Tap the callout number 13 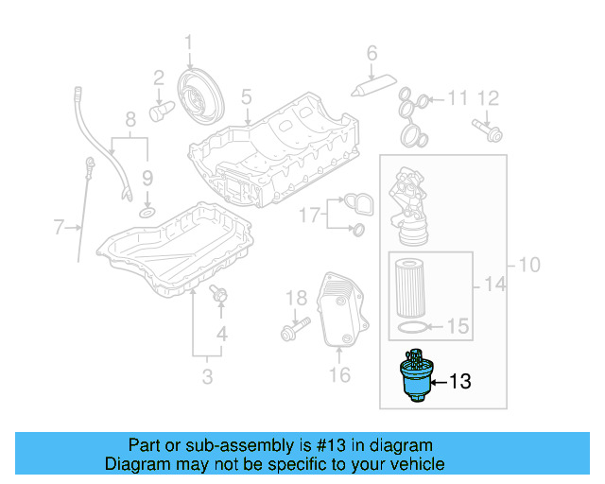point(458,382)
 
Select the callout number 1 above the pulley point(187,42)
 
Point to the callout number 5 point(246,96)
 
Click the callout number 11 point(458,97)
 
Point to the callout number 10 point(528,264)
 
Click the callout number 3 point(207,378)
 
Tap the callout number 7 point(60,227)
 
